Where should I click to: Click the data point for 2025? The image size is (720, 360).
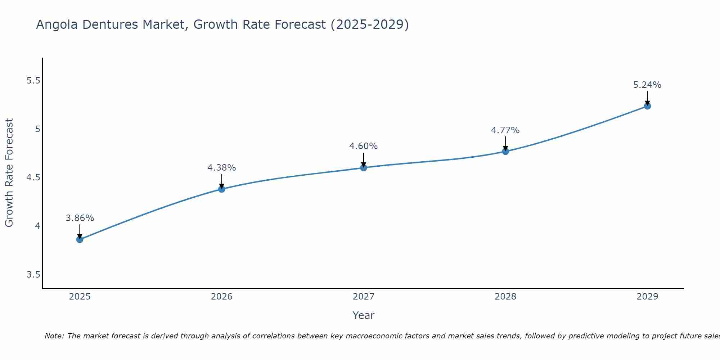click(80, 239)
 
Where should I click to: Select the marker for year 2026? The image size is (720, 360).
click(221, 189)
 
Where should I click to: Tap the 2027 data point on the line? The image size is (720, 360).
click(363, 167)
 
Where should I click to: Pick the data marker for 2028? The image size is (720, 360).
click(505, 151)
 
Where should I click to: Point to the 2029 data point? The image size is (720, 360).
click(647, 106)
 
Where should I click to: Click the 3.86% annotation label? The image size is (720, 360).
click(80, 218)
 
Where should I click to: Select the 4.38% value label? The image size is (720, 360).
click(221, 168)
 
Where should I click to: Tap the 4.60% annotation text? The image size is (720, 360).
click(363, 146)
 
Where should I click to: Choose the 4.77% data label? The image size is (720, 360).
click(505, 130)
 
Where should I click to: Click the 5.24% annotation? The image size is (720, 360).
click(647, 85)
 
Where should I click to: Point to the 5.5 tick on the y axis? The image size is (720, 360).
click(33, 81)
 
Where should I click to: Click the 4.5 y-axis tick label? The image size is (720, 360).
click(33, 177)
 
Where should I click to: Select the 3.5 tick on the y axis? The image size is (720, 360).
click(33, 275)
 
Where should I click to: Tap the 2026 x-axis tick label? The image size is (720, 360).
click(221, 297)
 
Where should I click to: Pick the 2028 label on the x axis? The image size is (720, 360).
click(505, 297)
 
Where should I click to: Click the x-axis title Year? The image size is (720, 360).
click(363, 315)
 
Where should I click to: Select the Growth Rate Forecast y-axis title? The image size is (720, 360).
click(9, 173)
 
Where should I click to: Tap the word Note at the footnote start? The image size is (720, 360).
click(54, 336)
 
